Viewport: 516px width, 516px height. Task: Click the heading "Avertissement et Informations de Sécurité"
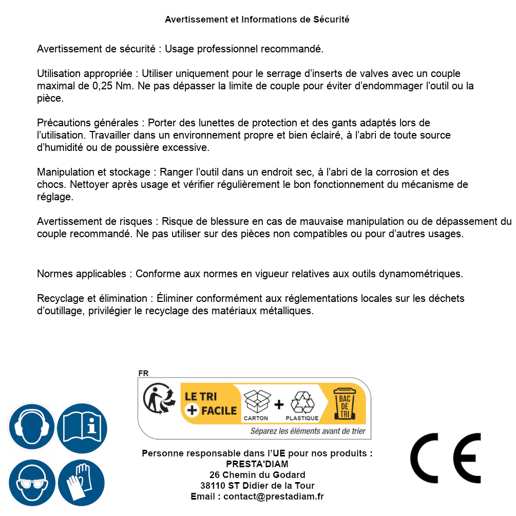[x=257, y=20]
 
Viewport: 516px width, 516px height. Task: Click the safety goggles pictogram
[x=31, y=483]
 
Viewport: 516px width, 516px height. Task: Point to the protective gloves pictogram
[x=81, y=483]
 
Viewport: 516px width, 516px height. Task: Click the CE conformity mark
[x=445, y=458]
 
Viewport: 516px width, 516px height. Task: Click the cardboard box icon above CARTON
[x=256, y=402]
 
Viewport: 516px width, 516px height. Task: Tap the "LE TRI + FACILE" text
[x=211, y=403]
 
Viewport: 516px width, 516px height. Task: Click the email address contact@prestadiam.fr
[x=274, y=496]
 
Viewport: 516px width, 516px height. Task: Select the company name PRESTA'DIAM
[x=257, y=464]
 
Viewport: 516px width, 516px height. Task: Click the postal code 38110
[x=213, y=486]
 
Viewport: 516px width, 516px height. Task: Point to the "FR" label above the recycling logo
[x=143, y=373]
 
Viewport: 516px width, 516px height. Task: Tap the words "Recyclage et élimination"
[x=92, y=298]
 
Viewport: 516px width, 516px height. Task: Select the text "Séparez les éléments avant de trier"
[x=308, y=431]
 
